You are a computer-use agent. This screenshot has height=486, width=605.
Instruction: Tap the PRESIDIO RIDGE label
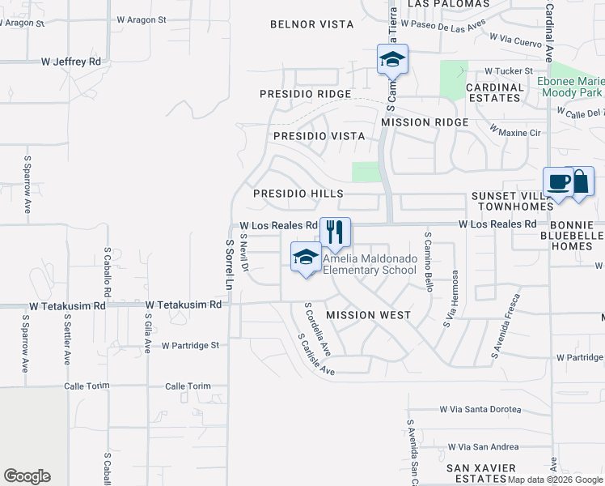306,94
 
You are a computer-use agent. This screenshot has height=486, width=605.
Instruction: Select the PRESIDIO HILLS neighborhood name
298,194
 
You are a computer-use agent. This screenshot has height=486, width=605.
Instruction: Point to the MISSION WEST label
368,314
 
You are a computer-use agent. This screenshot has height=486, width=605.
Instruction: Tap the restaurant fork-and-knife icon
335,232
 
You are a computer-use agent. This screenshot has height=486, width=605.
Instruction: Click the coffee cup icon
558,181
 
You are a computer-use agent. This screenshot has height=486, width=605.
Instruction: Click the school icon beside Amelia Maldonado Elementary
305,258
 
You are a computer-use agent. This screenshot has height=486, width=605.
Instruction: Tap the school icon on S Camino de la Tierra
392,59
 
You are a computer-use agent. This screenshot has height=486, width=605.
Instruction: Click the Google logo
27,476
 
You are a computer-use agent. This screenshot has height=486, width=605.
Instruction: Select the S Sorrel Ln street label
229,265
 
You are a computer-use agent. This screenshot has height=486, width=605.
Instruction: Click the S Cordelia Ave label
317,330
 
